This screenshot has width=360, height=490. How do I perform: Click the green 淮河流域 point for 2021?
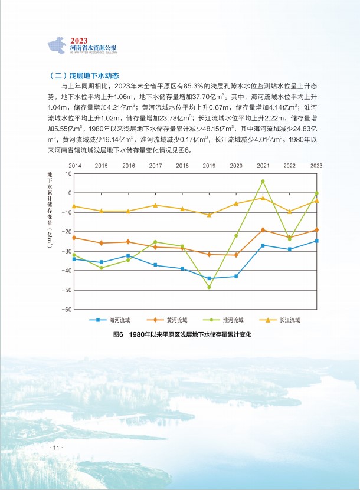click(263, 181)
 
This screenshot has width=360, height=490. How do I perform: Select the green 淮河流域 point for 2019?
click(209, 287)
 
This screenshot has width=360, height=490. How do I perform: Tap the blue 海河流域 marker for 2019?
click(209, 278)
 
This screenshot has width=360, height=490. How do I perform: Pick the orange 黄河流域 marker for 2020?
click(236, 255)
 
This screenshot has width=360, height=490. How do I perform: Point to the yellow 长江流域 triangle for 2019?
click(209, 215)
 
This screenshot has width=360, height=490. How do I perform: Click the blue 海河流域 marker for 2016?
click(128, 256)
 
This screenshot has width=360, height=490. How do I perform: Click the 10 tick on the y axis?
click(68, 174)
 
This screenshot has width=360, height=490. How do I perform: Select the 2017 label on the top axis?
click(155, 166)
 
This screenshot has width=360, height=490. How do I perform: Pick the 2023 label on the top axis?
click(316, 166)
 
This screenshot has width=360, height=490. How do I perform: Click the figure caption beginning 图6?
click(182, 335)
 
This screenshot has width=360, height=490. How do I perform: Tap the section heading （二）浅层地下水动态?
click(83, 75)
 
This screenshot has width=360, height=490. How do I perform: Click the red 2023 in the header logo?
click(79, 41)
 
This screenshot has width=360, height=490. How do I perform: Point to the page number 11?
click(56, 448)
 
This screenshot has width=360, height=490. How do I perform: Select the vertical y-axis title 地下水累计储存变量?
click(50, 210)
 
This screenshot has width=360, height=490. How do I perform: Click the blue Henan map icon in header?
click(57, 45)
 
